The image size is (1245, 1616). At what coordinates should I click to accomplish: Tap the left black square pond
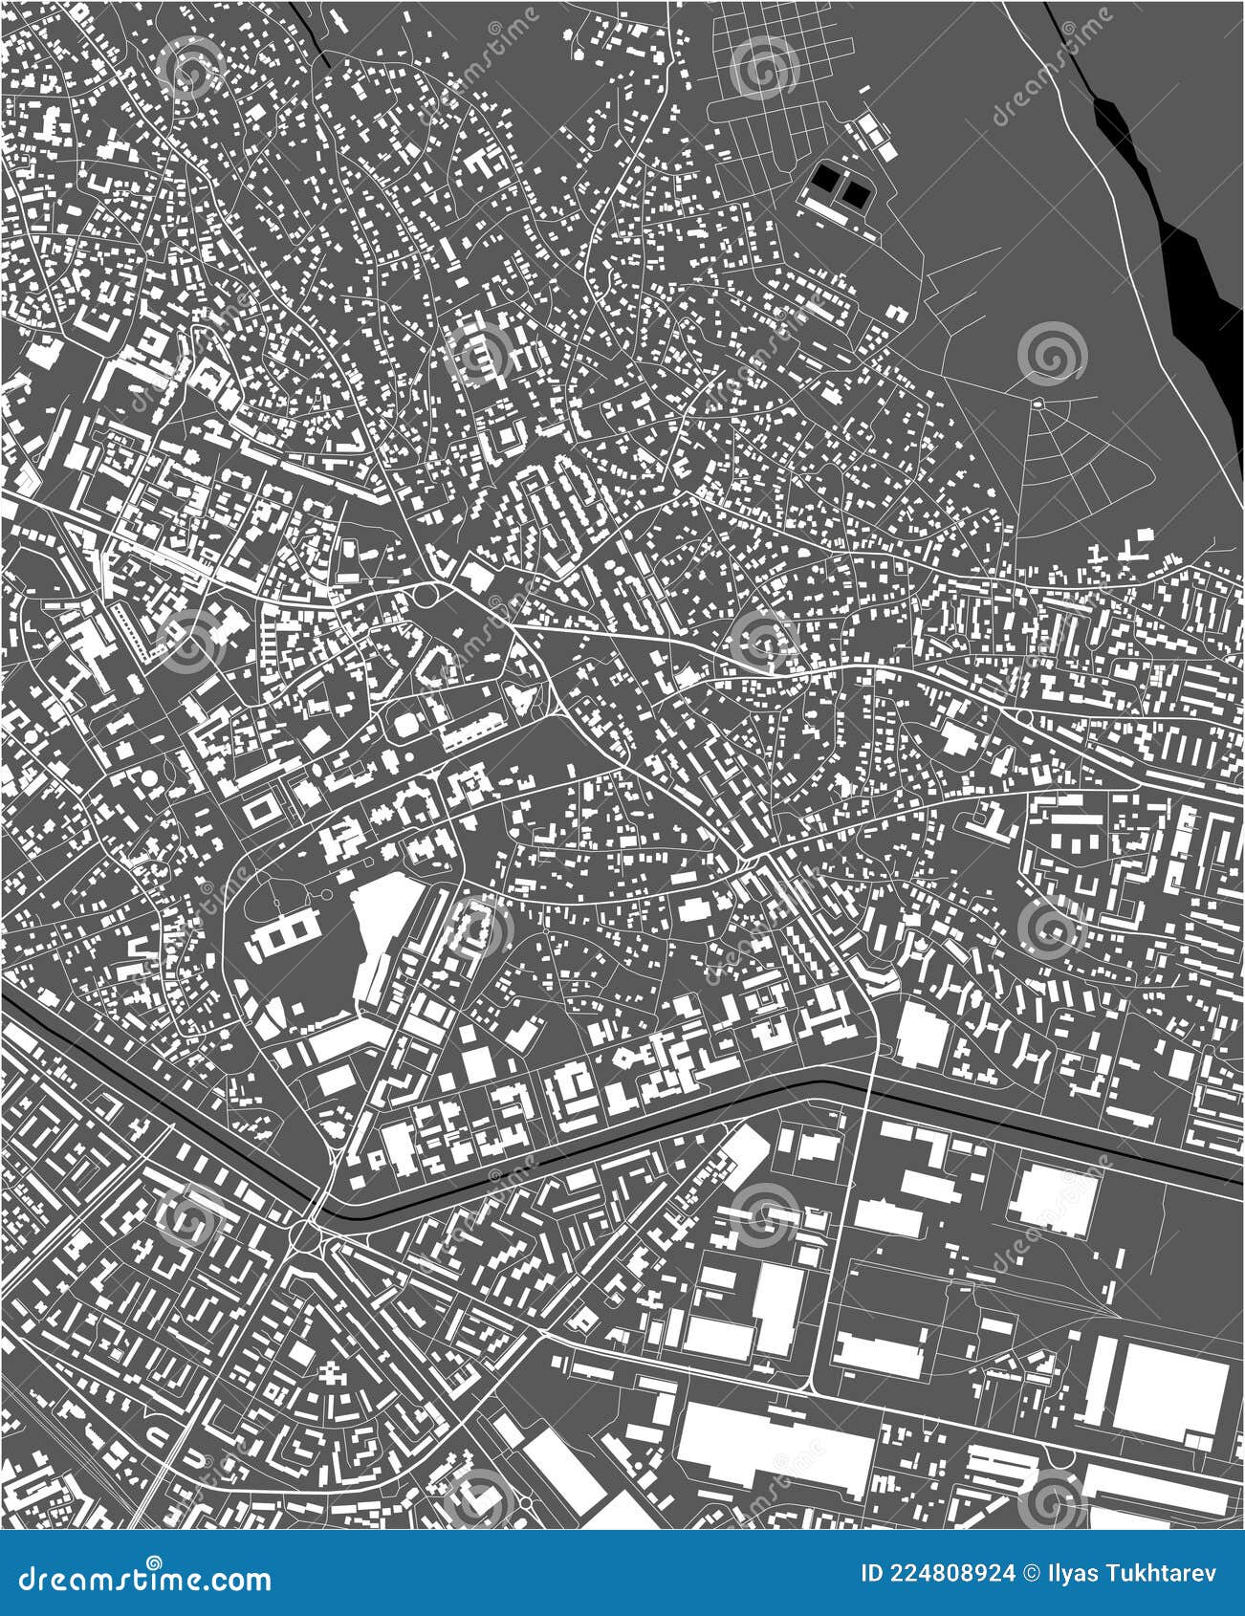pyautogui.click(x=824, y=177)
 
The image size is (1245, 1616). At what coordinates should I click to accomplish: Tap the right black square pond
pyautogui.click(x=855, y=194)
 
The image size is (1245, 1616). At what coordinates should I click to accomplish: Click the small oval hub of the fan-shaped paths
pyautogui.click(x=1037, y=405)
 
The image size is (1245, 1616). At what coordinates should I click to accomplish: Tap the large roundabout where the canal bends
pyautogui.click(x=308, y=1237)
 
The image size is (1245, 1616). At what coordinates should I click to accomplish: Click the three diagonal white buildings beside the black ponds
pyautogui.click(x=874, y=134)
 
